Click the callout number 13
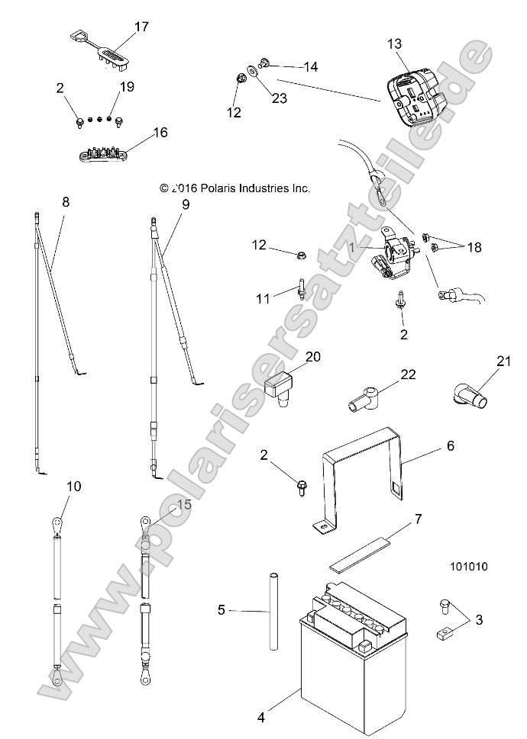(x=393, y=43)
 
